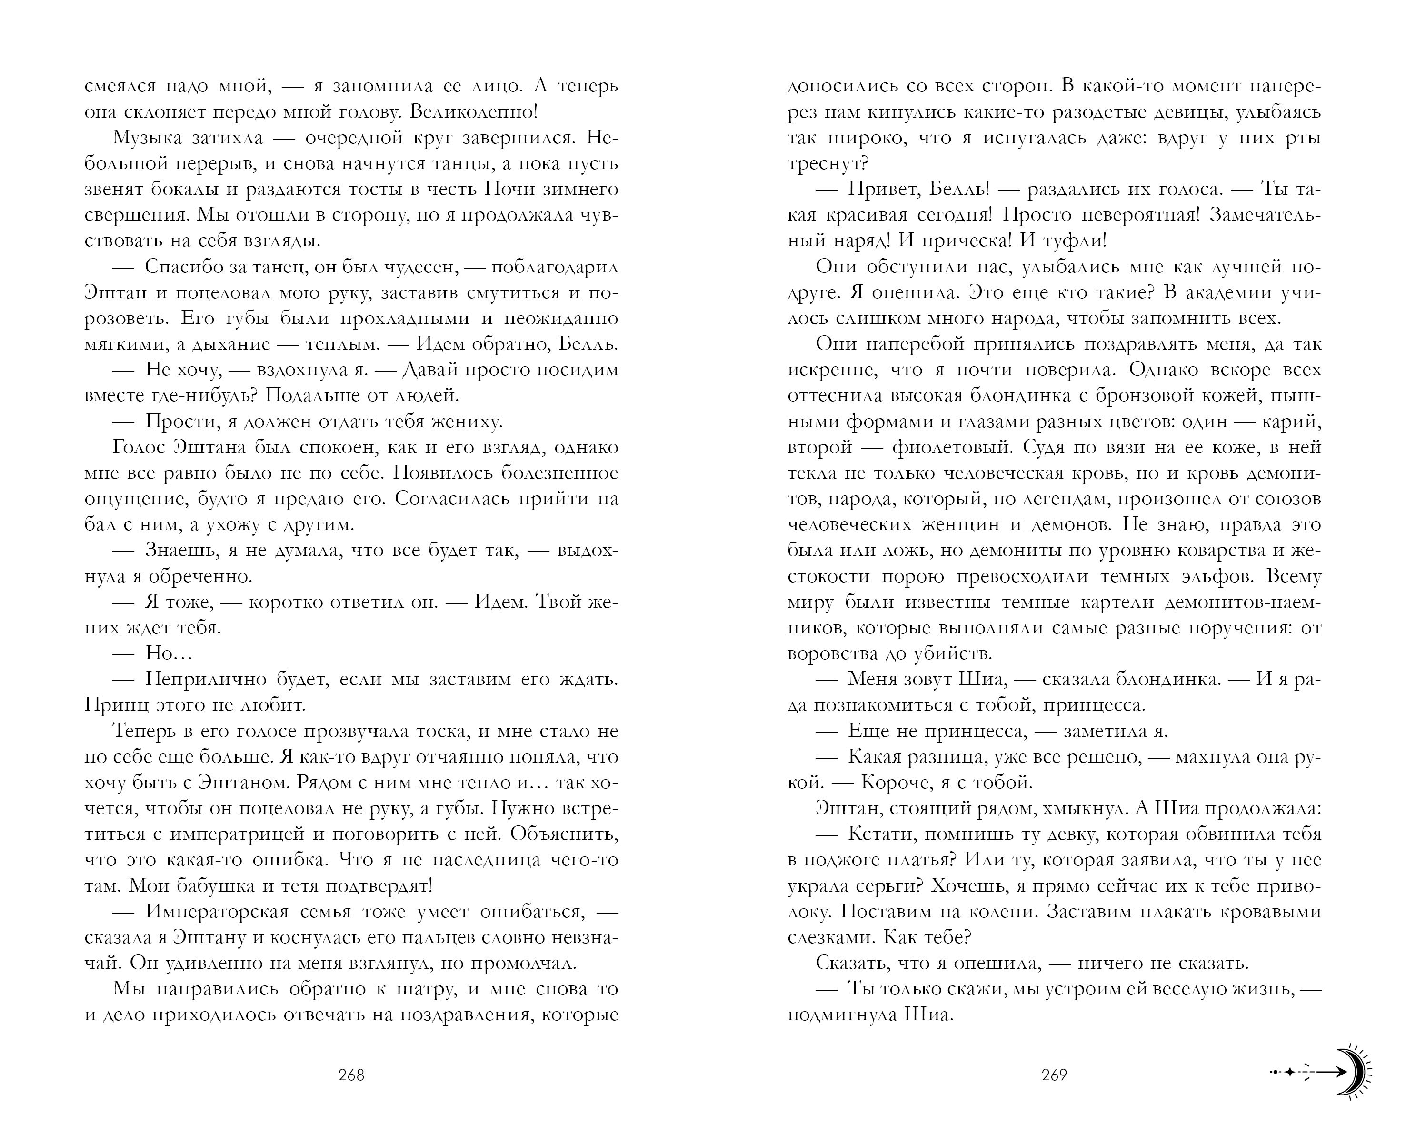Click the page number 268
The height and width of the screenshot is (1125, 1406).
[351, 1075]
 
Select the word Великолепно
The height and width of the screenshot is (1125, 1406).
[473, 111]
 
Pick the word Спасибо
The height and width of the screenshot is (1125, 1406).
[183, 267]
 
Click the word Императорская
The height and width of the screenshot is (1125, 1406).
[217, 912]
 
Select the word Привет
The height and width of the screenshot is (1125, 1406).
[880, 189]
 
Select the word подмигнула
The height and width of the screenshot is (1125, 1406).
[840, 1015]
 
